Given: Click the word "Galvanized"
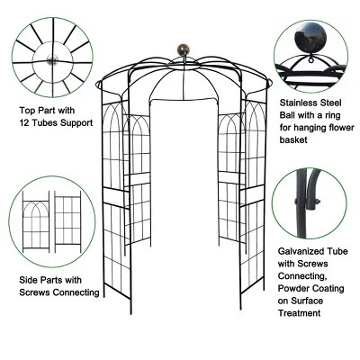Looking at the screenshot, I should [295, 255].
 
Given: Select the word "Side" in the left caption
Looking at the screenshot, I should [29, 280].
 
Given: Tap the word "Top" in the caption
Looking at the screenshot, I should [28, 111].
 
